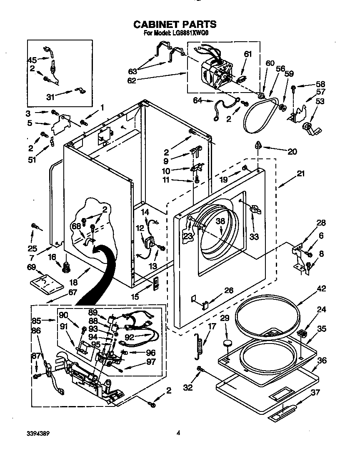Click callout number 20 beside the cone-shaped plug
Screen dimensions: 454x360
[x=292, y=151]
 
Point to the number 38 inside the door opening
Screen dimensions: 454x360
[x=220, y=222]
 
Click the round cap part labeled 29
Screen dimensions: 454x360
[x=227, y=343]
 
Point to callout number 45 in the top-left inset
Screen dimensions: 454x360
[x=32, y=60]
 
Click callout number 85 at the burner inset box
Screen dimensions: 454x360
[x=37, y=321]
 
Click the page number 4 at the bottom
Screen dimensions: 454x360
[x=178, y=433]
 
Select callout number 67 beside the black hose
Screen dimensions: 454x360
[x=72, y=292]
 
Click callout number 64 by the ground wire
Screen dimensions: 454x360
[x=197, y=100]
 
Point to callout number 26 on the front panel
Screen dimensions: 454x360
[x=228, y=291]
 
